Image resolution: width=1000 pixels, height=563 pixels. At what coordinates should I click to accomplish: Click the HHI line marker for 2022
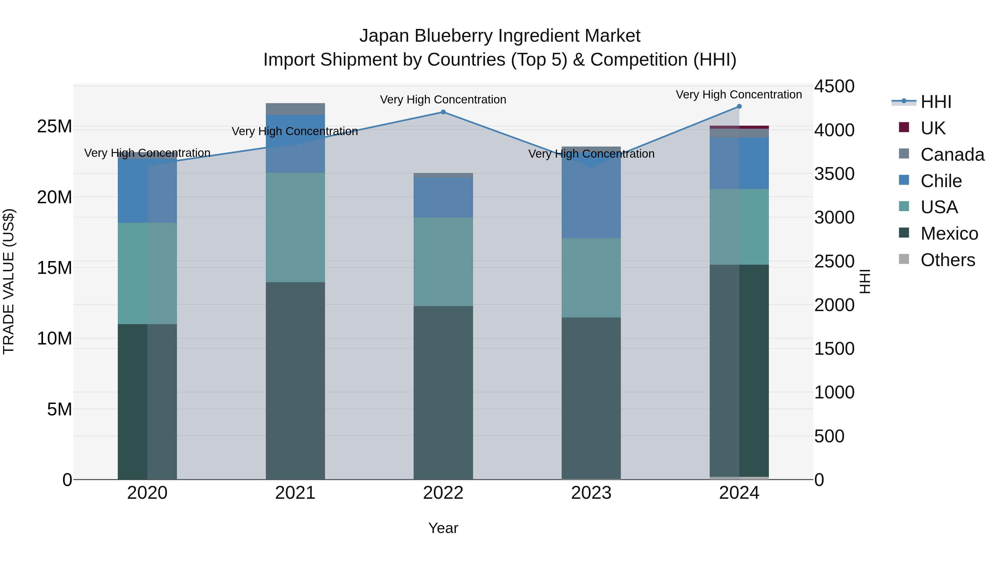pyautogui.click(x=443, y=112)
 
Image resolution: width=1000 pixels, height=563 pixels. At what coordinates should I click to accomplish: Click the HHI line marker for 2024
pyautogui.click(x=739, y=106)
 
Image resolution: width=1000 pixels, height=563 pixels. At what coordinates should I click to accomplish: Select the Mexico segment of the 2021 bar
pyautogui.click(x=295, y=381)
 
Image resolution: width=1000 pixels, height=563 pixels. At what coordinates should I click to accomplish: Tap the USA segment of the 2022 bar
pyautogui.click(x=443, y=262)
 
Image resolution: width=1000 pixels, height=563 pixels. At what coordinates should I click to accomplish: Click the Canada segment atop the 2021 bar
pyautogui.click(x=295, y=109)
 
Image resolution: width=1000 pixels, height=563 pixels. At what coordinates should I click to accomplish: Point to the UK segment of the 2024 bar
pyautogui.click(x=739, y=127)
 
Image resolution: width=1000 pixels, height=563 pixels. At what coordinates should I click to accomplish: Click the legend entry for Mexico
pyautogui.click(x=949, y=234)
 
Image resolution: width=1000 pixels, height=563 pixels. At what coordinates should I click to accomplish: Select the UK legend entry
pyautogui.click(x=932, y=128)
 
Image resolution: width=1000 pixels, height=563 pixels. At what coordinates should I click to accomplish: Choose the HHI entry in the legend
pyautogui.click(x=936, y=102)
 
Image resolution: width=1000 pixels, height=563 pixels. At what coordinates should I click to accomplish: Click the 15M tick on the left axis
pyautogui.click(x=54, y=268)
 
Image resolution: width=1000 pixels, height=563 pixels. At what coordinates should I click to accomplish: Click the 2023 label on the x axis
pyautogui.click(x=591, y=493)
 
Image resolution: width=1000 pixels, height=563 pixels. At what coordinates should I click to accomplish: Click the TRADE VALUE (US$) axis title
pyautogui.click(x=9, y=282)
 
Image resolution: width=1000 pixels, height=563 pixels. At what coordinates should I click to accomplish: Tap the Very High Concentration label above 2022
pyautogui.click(x=443, y=100)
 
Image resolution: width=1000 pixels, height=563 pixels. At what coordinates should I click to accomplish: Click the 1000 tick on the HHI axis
pyautogui.click(x=834, y=392)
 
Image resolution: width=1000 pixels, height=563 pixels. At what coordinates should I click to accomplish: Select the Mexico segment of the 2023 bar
pyautogui.click(x=591, y=398)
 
